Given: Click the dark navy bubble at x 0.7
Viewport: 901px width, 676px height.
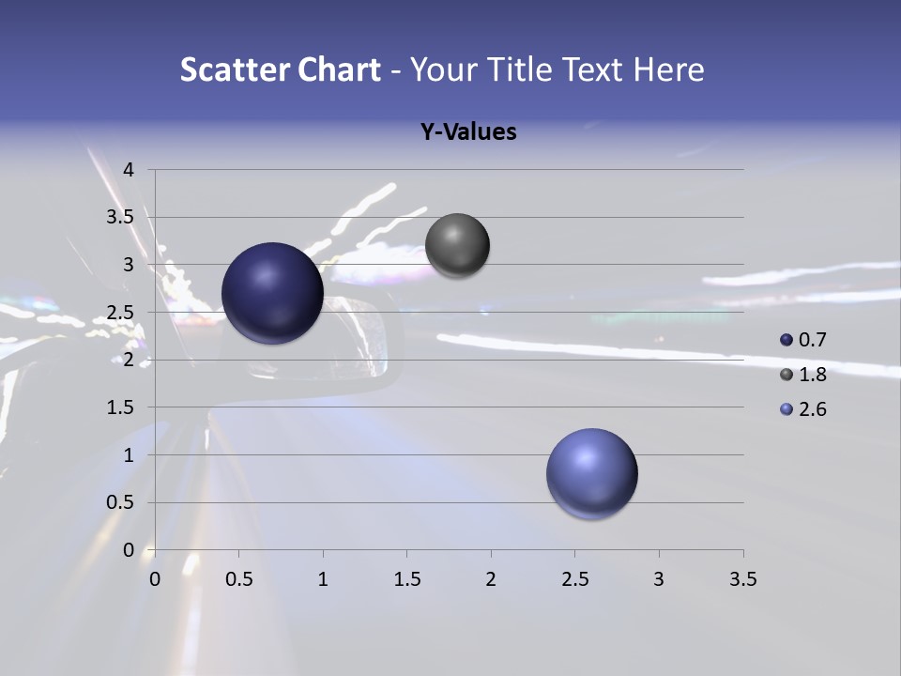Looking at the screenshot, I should (272, 293).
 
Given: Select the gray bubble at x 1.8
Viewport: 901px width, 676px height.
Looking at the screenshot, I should (457, 246).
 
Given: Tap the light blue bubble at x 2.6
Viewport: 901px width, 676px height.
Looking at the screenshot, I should (591, 473).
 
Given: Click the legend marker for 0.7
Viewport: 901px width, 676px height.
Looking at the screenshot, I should (786, 340).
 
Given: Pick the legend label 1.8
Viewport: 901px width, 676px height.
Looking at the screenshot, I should (812, 375).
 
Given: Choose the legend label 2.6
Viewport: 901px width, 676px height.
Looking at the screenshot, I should (812, 409).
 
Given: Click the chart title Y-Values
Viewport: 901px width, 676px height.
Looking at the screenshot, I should (467, 132).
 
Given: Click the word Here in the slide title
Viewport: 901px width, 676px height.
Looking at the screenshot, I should (668, 69).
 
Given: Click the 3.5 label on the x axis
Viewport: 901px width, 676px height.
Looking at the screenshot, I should (742, 579).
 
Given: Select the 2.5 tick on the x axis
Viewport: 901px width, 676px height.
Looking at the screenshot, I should (574, 579).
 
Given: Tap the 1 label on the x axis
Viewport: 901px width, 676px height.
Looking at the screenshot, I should (323, 579).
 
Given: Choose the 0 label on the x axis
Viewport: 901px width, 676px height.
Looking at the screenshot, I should (155, 579).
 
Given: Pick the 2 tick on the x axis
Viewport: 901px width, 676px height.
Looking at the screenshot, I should (491, 579).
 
